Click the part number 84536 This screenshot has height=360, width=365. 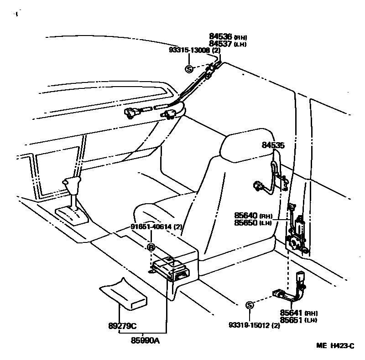(221, 36)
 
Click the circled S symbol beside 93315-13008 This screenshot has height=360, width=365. (189, 69)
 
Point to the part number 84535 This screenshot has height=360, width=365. (273, 146)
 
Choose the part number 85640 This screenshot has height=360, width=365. (246, 216)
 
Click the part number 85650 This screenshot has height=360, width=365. (246, 223)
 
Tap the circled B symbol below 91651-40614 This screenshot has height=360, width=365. (151, 247)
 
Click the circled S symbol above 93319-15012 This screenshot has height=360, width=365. (250, 305)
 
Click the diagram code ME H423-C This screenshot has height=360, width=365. (335, 346)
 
